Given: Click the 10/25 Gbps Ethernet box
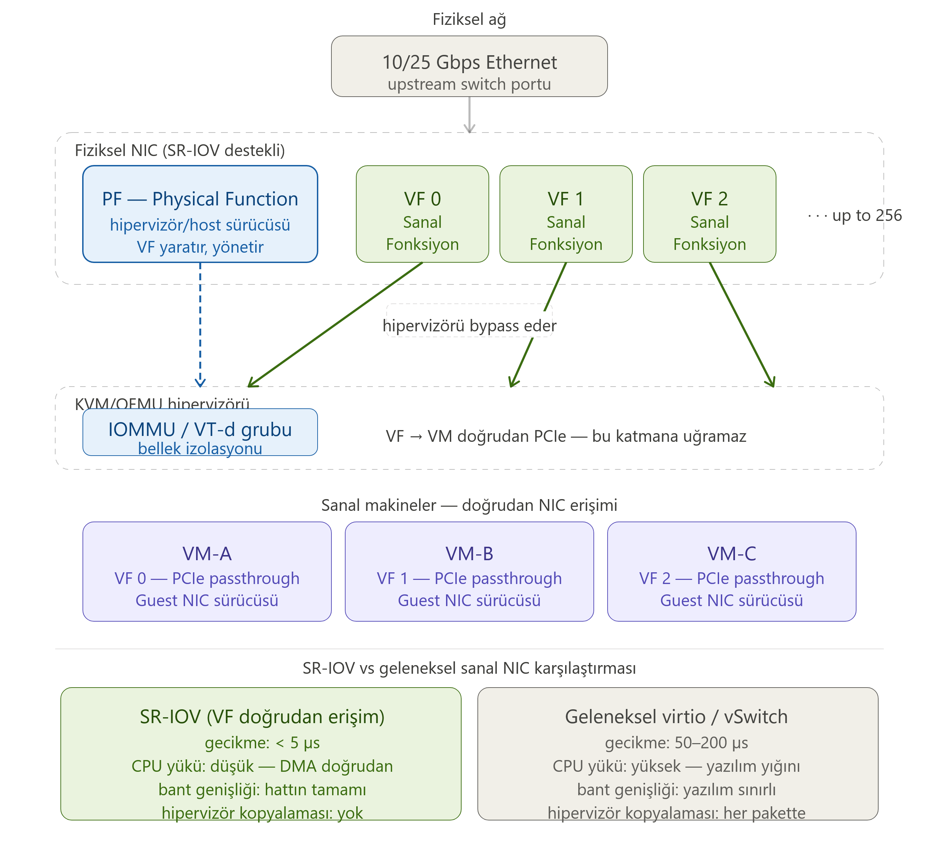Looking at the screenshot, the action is point(469,66).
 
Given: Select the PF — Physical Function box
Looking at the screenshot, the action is point(200,214).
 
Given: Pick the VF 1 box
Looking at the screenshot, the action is point(566,214).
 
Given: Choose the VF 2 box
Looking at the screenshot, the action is point(709,214).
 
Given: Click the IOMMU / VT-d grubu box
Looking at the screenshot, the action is point(200,432).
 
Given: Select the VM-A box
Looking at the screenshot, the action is point(207,572).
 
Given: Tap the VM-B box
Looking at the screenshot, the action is point(469,572).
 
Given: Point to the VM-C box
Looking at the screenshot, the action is point(732,572).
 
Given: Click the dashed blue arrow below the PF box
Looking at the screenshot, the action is point(200,324).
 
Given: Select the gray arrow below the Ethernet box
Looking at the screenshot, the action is point(469,115).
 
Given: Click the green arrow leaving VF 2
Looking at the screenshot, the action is point(742,324).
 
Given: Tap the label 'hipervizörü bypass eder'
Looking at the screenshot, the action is point(469,325).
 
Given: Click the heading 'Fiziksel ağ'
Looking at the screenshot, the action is point(469,20).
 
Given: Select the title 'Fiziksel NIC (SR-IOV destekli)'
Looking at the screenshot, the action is point(180,150).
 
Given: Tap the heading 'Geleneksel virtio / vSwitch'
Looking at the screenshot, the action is point(676,717).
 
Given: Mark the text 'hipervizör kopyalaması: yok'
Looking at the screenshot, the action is point(262,813).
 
